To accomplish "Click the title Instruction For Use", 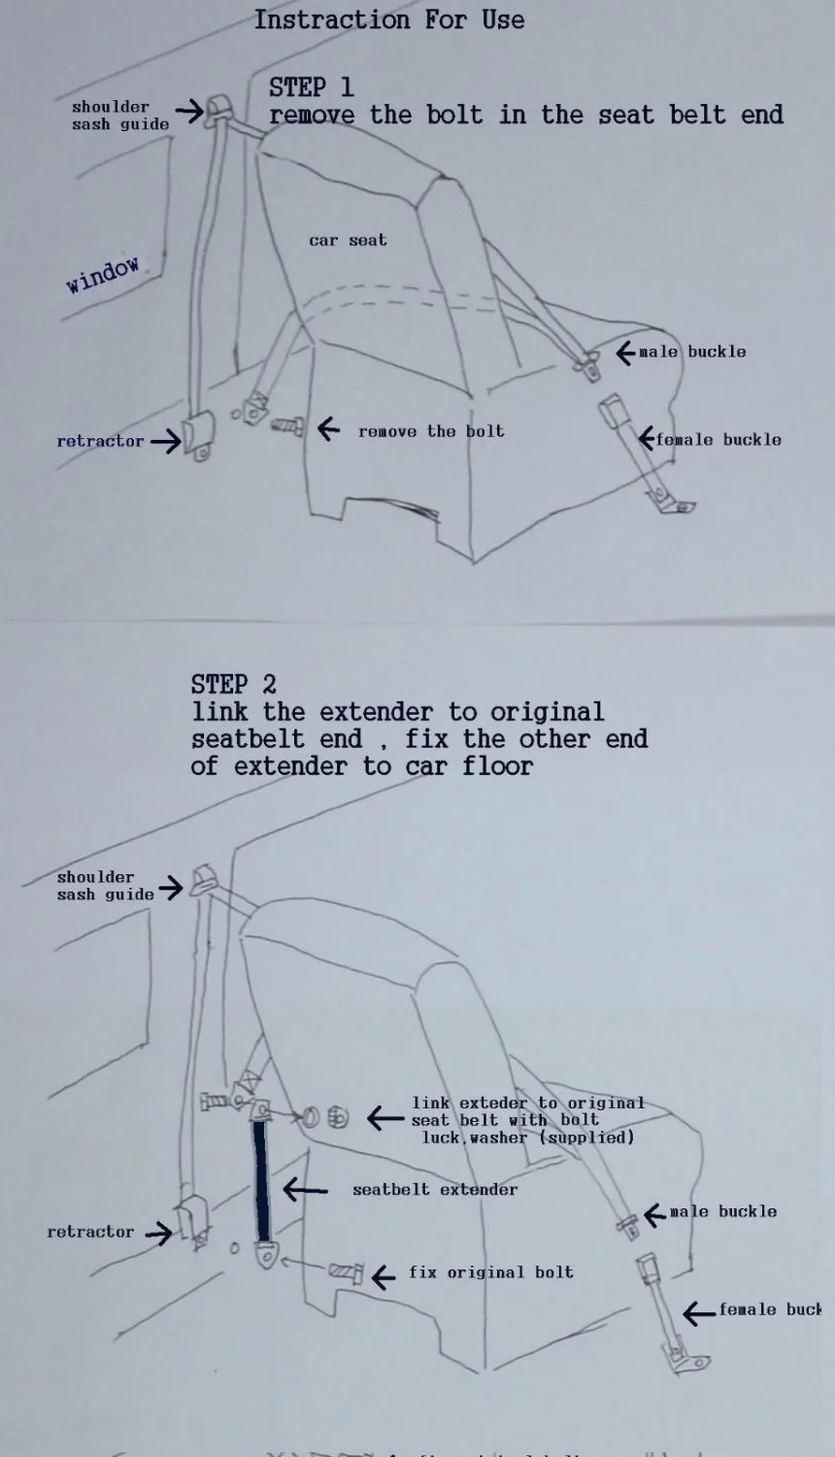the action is coord(389,19).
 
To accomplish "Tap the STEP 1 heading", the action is coord(311,87).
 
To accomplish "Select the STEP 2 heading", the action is coord(233,684).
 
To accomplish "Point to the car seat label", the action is coord(348,240).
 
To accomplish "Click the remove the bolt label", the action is coord(431,431).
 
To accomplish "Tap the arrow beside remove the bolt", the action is coord(329,428).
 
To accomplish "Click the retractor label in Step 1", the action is coord(100,441).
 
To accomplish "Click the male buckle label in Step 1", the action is coord(692,352).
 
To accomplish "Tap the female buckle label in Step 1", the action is coord(718,440).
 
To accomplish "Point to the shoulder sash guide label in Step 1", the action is coord(119,116).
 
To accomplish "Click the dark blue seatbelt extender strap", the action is coord(261,1180).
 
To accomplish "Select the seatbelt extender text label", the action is coord(435,1189).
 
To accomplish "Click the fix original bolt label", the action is coord(490,1272).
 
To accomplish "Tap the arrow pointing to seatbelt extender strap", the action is coord(305,1189).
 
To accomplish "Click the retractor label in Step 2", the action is coord(90,1232).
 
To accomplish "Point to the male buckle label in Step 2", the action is coord(723,1212).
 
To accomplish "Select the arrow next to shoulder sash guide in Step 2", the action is coord(171,887).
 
